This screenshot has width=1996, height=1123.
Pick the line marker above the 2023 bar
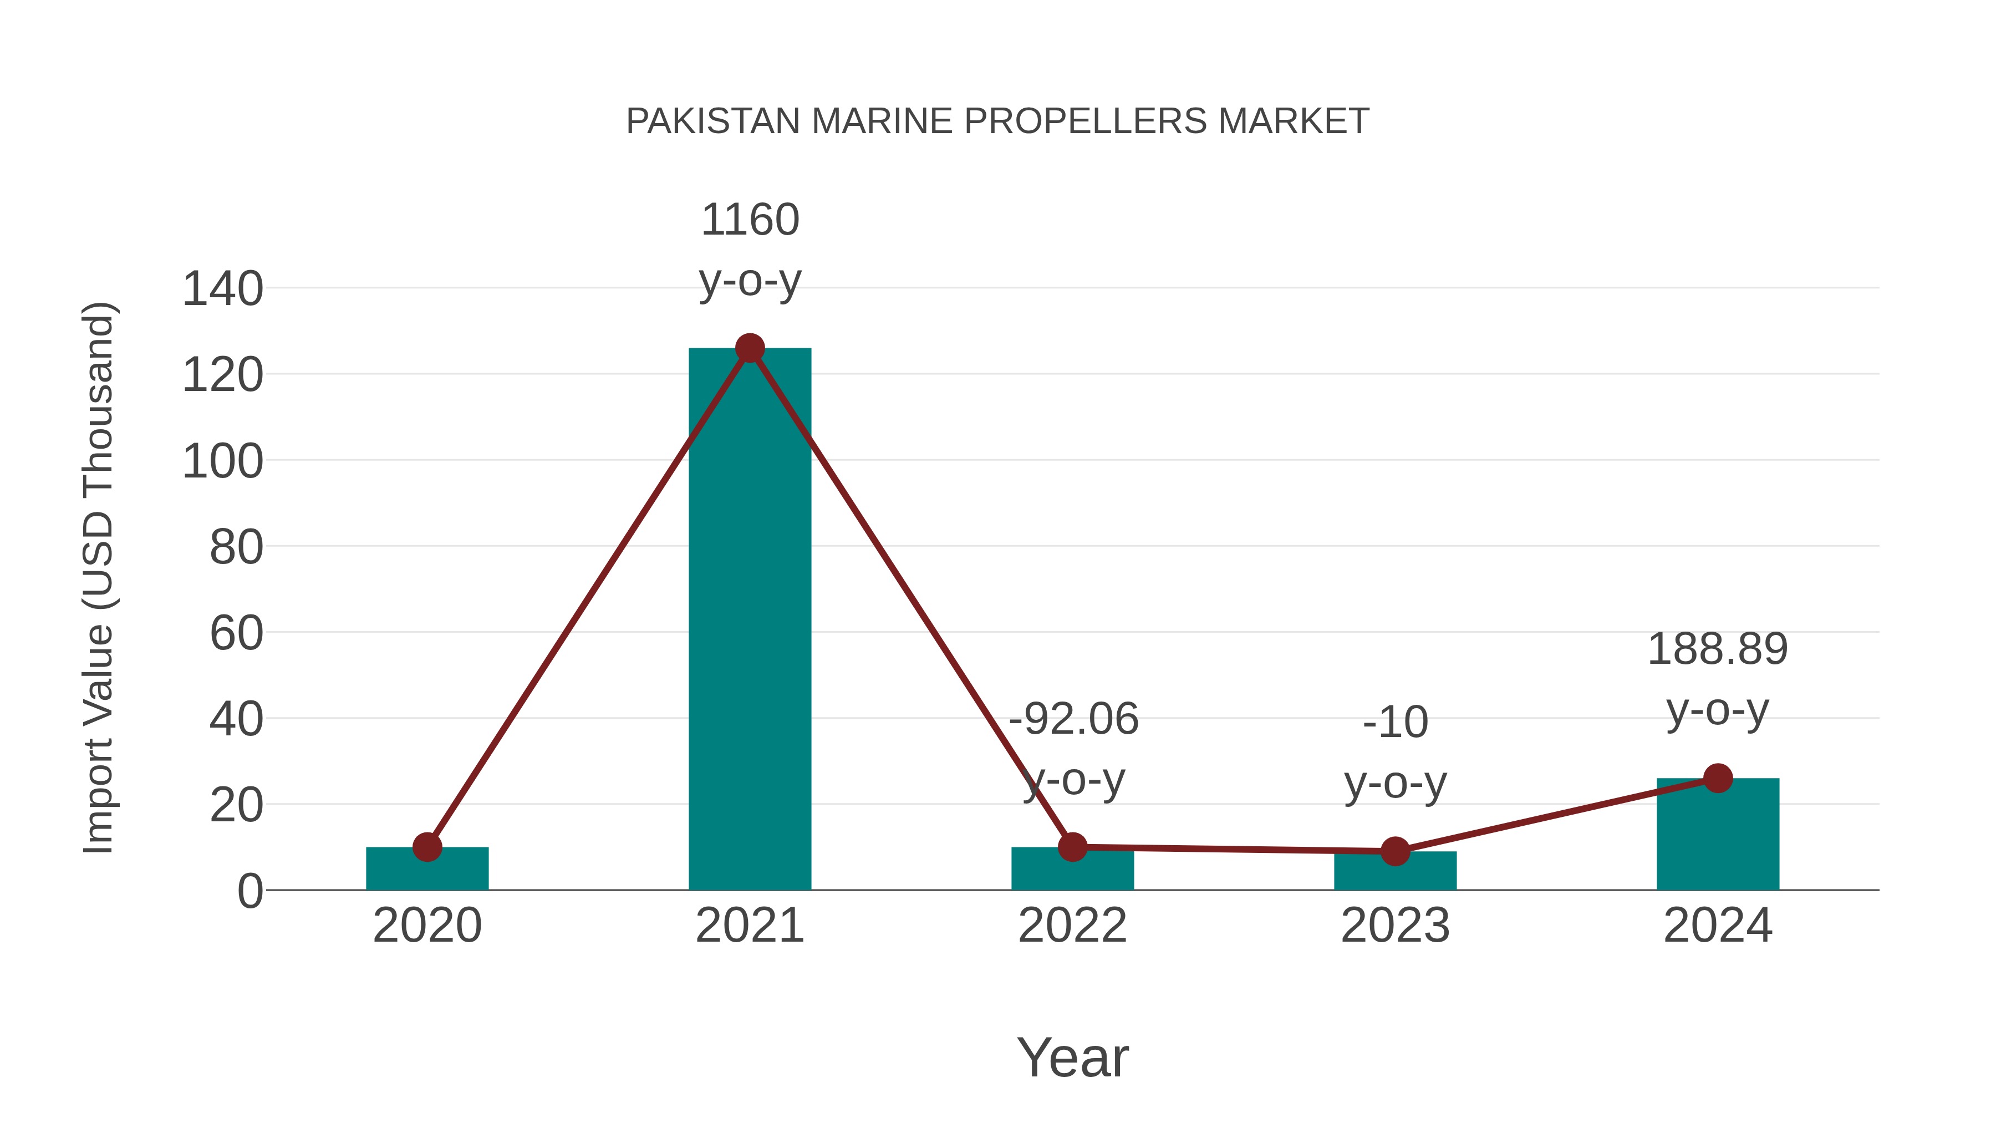[x=1395, y=851]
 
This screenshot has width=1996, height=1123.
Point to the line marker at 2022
[x=1072, y=847]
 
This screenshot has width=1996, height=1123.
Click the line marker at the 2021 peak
[x=749, y=349]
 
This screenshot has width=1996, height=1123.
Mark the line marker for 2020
[x=427, y=847]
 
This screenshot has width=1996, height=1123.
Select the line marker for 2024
[x=1718, y=778]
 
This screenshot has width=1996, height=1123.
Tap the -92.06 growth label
[x=1073, y=719]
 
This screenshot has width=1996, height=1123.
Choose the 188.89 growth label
[x=1717, y=649]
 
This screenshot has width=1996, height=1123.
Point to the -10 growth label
[x=1395, y=723]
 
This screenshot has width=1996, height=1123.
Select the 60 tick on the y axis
[x=236, y=633]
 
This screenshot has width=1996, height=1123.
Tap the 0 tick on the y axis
[x=249, y=891]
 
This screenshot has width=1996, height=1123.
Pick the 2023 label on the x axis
[x=1395, y=926]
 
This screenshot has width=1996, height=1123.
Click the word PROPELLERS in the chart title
[x=1086, y=121]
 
